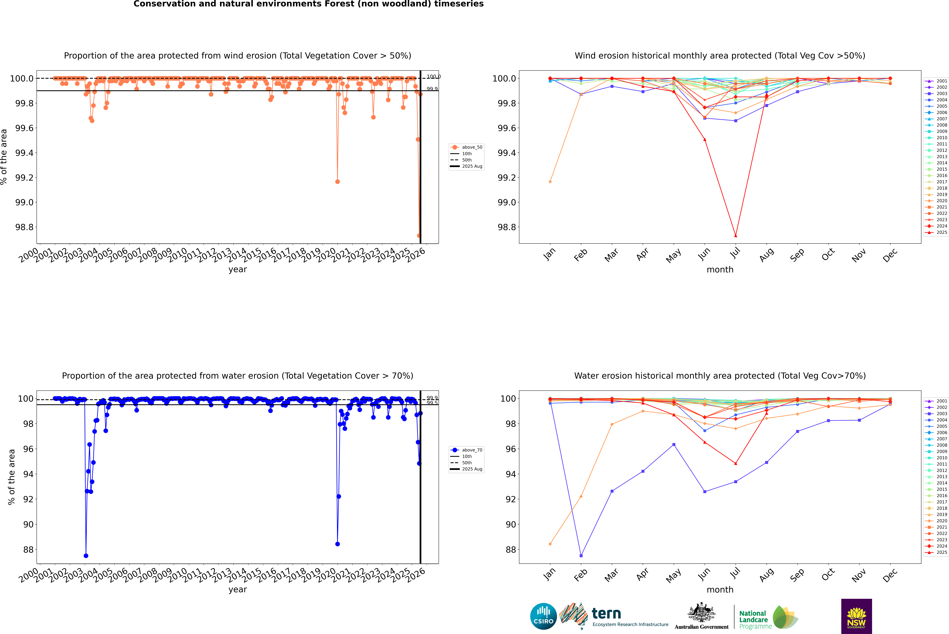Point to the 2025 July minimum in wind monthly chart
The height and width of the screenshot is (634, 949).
[735, 236]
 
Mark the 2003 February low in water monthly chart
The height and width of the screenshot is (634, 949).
[581, 556]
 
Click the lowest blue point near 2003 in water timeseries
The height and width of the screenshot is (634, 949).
[86, 556]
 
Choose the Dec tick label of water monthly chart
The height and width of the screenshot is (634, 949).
[890, 575]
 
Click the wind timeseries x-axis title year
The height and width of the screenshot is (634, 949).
[237, 269]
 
